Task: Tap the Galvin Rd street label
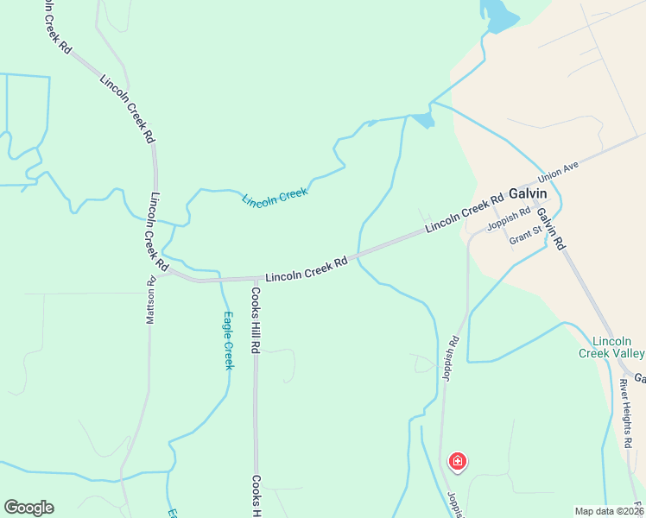pyautogui.click(x=550, y=228)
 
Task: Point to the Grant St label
pyautogui.click(x=525, y=235)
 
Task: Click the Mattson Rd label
pyautogui.click(x=150, y=300)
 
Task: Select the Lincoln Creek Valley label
pyautogui.click(x=611, y=347)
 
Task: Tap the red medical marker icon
pyautogui.click(x=457, y=462)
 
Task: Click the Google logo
pyautogui.click(x=28, y=508)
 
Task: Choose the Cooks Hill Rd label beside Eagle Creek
pyautogui.click(x=256, y=321)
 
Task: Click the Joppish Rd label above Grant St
pyautogui.click(x=508, y=220)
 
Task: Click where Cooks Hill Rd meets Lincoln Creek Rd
pyautogui.click(x=256, y=279)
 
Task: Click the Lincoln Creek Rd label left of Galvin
pyautogui.click(x=464, y=215)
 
